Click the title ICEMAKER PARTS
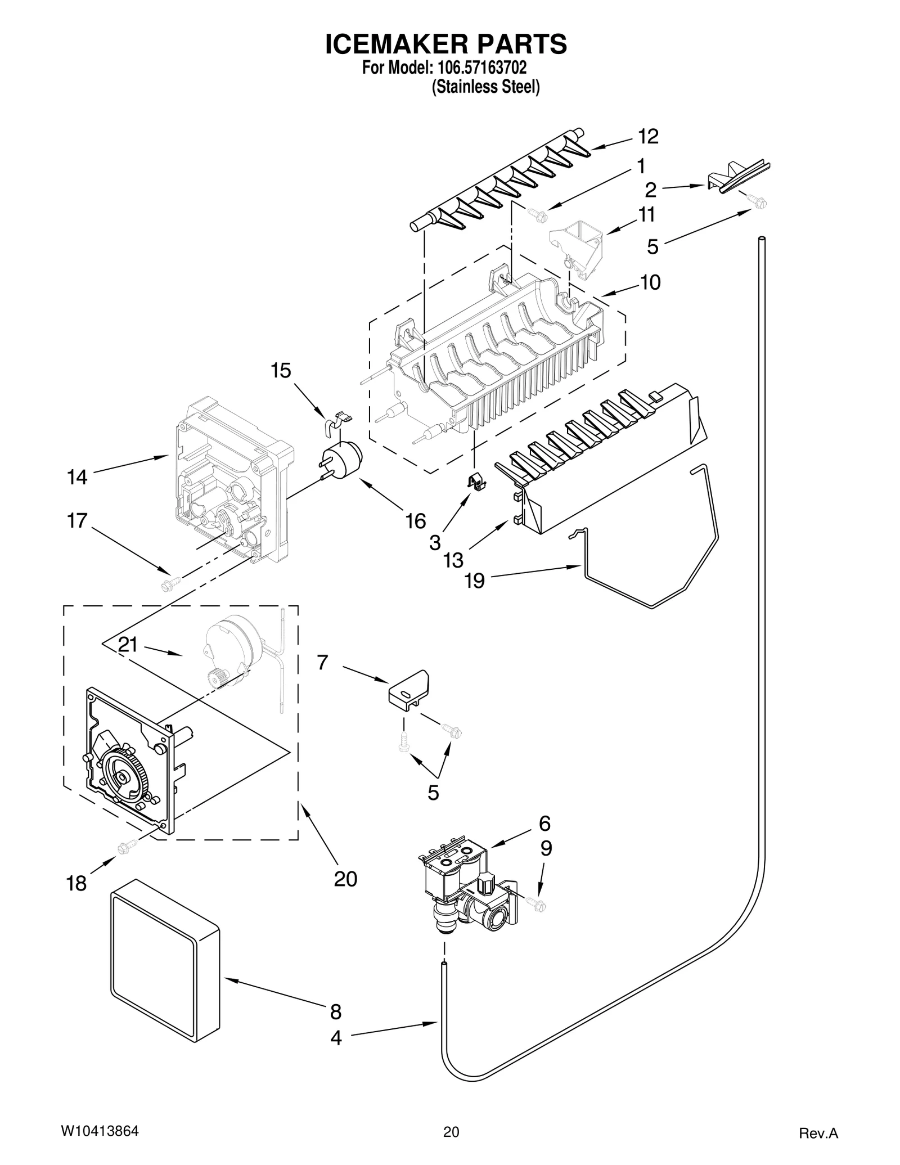(x=446, y=44)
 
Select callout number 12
(x=648, y=137)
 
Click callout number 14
(x=78, y=477)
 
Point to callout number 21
(x=128, y=645)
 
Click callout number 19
(x=475, y=580)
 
